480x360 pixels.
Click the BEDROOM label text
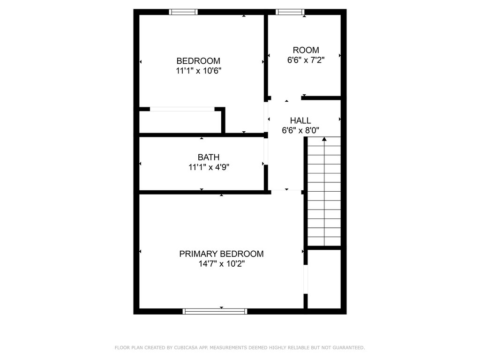point(198,60)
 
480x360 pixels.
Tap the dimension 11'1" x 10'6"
point(198,71)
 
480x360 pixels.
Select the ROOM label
point(306,50)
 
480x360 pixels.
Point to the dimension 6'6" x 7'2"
point(306,60)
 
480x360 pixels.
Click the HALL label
point(300,120)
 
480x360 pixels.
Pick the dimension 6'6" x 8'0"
point(300,130)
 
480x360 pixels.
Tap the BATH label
point(209,157)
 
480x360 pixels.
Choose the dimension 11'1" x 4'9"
point(209,167)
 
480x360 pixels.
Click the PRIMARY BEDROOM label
point(221,254)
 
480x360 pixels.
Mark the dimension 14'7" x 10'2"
point(222,263)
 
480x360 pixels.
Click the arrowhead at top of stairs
point(324,139)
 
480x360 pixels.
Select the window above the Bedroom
point(183,12)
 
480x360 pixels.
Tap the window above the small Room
point(290,12)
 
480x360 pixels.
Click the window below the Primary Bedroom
point(215,311)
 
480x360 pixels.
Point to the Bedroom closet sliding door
point(182,109)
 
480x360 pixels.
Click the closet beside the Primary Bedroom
point(324,279)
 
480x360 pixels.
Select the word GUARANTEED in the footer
point(349,347)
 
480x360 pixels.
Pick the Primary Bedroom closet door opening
point(306,279)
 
